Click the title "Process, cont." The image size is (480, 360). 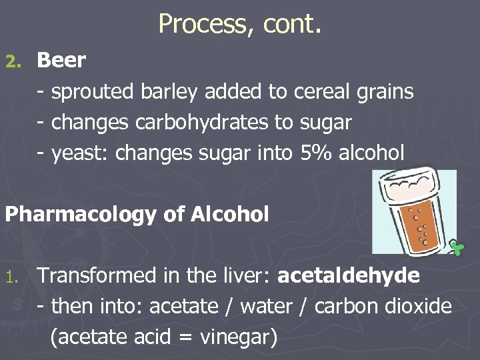(240, 24)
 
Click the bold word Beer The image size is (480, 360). (61, 60)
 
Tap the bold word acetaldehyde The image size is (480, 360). (348, 275)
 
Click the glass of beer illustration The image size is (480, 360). (415, 212)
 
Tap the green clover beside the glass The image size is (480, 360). (456, 247)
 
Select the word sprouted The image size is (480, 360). (93, 92)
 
